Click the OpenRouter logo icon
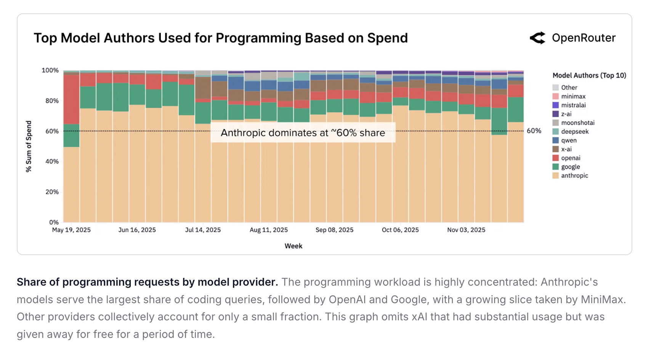click(x=538, y=38)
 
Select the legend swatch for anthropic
click(x=556, y=175)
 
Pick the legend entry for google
click(x=570, y=167)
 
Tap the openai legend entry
click(x=571, y=158)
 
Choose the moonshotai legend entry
click(x=577, y=123)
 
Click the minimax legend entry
click(x=573, y=96)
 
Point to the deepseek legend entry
click(x=575, y=132)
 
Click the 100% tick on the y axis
click(x=50, y=71)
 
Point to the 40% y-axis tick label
click(x=52, y=161)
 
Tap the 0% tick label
click(x=54, y=222)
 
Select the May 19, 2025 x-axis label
click(x=71, y=230)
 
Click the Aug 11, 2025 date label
click(x=269, y=230)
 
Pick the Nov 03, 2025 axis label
click(x=466, y=230)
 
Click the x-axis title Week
click(x=293, y=246)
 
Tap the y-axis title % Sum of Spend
click(x=29, y=146)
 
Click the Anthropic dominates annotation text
click(x=303, y=133)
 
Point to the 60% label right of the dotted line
click(x=534, y=131)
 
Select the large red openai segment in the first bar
click(x=71, y=99)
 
